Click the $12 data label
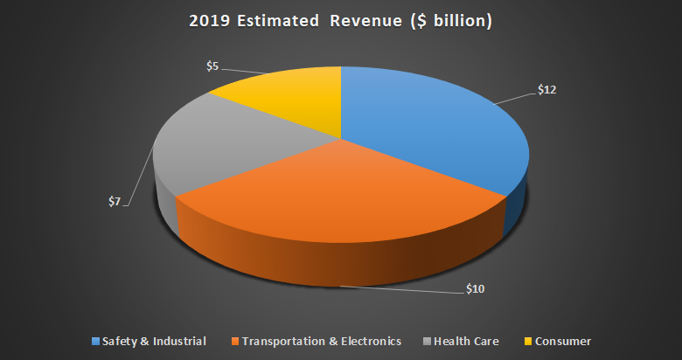click(547, 89)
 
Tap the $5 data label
click(212, 66)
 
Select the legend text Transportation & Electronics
click(320, 341)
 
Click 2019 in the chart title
click(208, 21)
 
